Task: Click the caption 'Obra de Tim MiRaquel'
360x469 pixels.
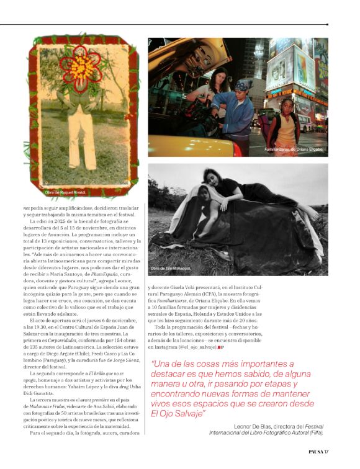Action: click(171, 268)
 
